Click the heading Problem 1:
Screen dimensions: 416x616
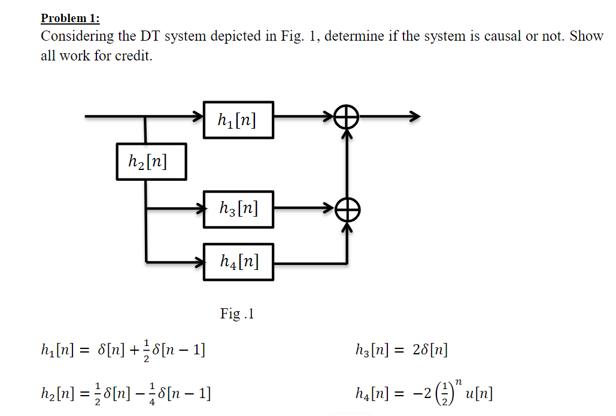coord(70,17)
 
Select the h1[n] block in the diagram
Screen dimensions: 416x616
coord(238,120)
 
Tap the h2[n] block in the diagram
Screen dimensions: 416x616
coord(151,161)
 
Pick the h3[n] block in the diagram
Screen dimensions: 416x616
coord(238,209)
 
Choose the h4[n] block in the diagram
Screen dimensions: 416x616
coord(238,262)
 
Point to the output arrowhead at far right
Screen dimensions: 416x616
coord(414,116)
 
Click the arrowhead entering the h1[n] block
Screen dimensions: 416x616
coord(198,116)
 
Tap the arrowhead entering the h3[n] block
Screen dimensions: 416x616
coord(198,209)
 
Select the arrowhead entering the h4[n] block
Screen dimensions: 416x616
coord(198,262)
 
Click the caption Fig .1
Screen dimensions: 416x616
coord(237,314)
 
